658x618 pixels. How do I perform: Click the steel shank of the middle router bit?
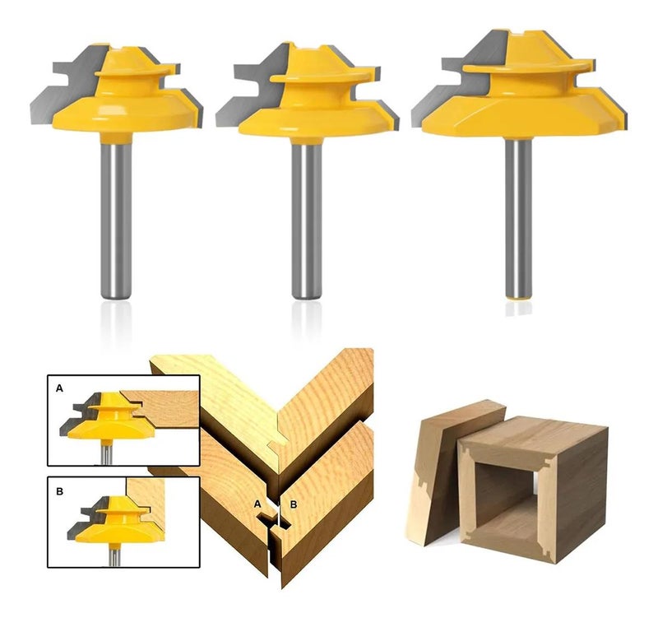coord(307,221)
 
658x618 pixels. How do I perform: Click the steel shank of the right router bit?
coord(518,218)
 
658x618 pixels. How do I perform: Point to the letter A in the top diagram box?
coord(59,388)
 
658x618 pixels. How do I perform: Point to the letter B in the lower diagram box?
coord(59,490)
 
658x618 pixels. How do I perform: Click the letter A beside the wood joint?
coord(257,504)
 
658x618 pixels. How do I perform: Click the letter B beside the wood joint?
coord(294,504)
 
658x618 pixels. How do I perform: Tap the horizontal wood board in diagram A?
coord(168,409)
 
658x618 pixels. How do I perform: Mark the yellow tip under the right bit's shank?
coord(518,299)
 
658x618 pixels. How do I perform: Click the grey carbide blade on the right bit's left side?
coord(457,84)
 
